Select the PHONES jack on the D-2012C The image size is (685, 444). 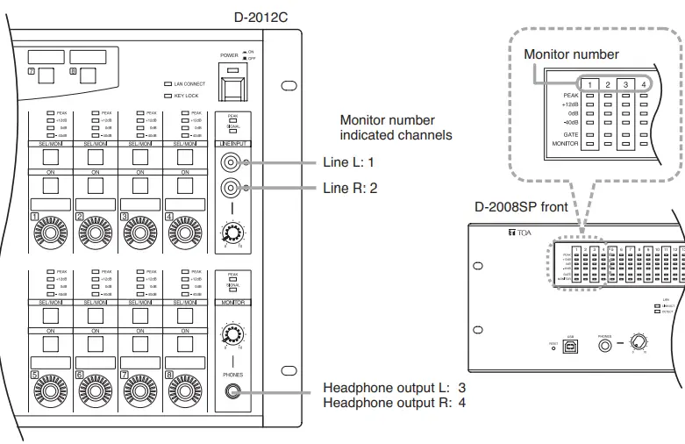232,392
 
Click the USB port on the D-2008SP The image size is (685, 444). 572,346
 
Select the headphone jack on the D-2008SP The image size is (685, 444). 604,346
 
